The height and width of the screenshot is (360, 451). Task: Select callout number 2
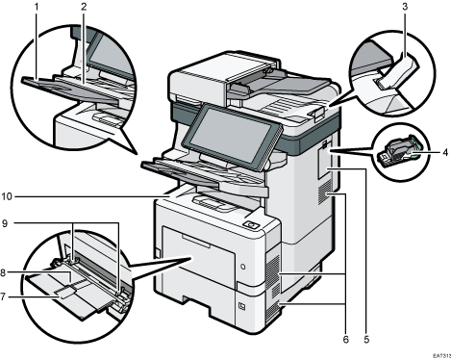(x=84, y=7)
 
